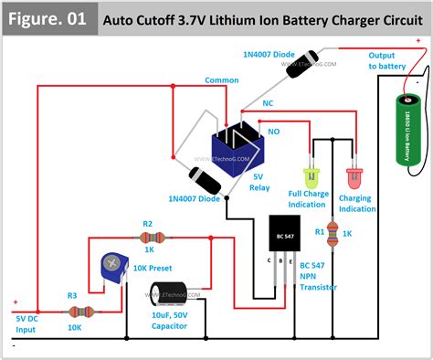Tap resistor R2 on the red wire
coord(147,237)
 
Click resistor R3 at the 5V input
coord(72,312)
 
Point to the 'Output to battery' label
coord(387,61)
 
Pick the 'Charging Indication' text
coord(357,203)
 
